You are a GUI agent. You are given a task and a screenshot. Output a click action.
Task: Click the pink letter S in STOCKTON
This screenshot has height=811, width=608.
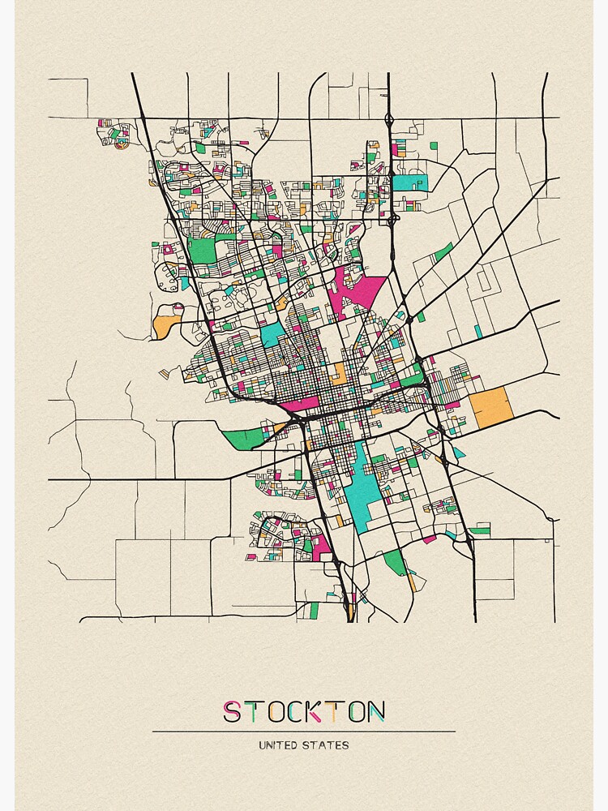[x=232, y=712]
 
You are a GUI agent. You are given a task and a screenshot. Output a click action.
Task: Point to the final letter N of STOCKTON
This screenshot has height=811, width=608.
[x=375, y=712]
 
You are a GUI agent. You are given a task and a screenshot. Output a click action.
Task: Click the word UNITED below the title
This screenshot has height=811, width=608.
[x=279, y=744]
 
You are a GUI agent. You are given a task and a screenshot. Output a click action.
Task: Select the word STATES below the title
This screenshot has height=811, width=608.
[x=328, y=744]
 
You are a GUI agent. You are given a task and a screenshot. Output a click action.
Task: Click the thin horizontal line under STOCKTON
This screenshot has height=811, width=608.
[x=304, y=732]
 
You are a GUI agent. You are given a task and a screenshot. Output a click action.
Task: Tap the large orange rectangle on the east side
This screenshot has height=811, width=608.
[x=491, y=407]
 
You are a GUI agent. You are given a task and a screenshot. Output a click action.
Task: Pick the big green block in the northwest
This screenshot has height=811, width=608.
[x=202, y=251]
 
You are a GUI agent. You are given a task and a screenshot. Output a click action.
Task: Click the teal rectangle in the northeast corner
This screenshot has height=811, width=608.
[x=409, y=183]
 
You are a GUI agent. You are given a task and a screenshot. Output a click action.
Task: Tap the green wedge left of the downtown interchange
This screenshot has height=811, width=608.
[x=246, y=438]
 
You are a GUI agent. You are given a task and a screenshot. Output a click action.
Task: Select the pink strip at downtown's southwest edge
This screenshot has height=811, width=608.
[x=300, y=403]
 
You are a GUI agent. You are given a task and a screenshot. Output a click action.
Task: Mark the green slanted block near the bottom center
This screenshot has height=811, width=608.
[x=395, y=562]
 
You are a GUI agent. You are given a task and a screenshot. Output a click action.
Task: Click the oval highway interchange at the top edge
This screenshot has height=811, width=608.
[x=390, y=122]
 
